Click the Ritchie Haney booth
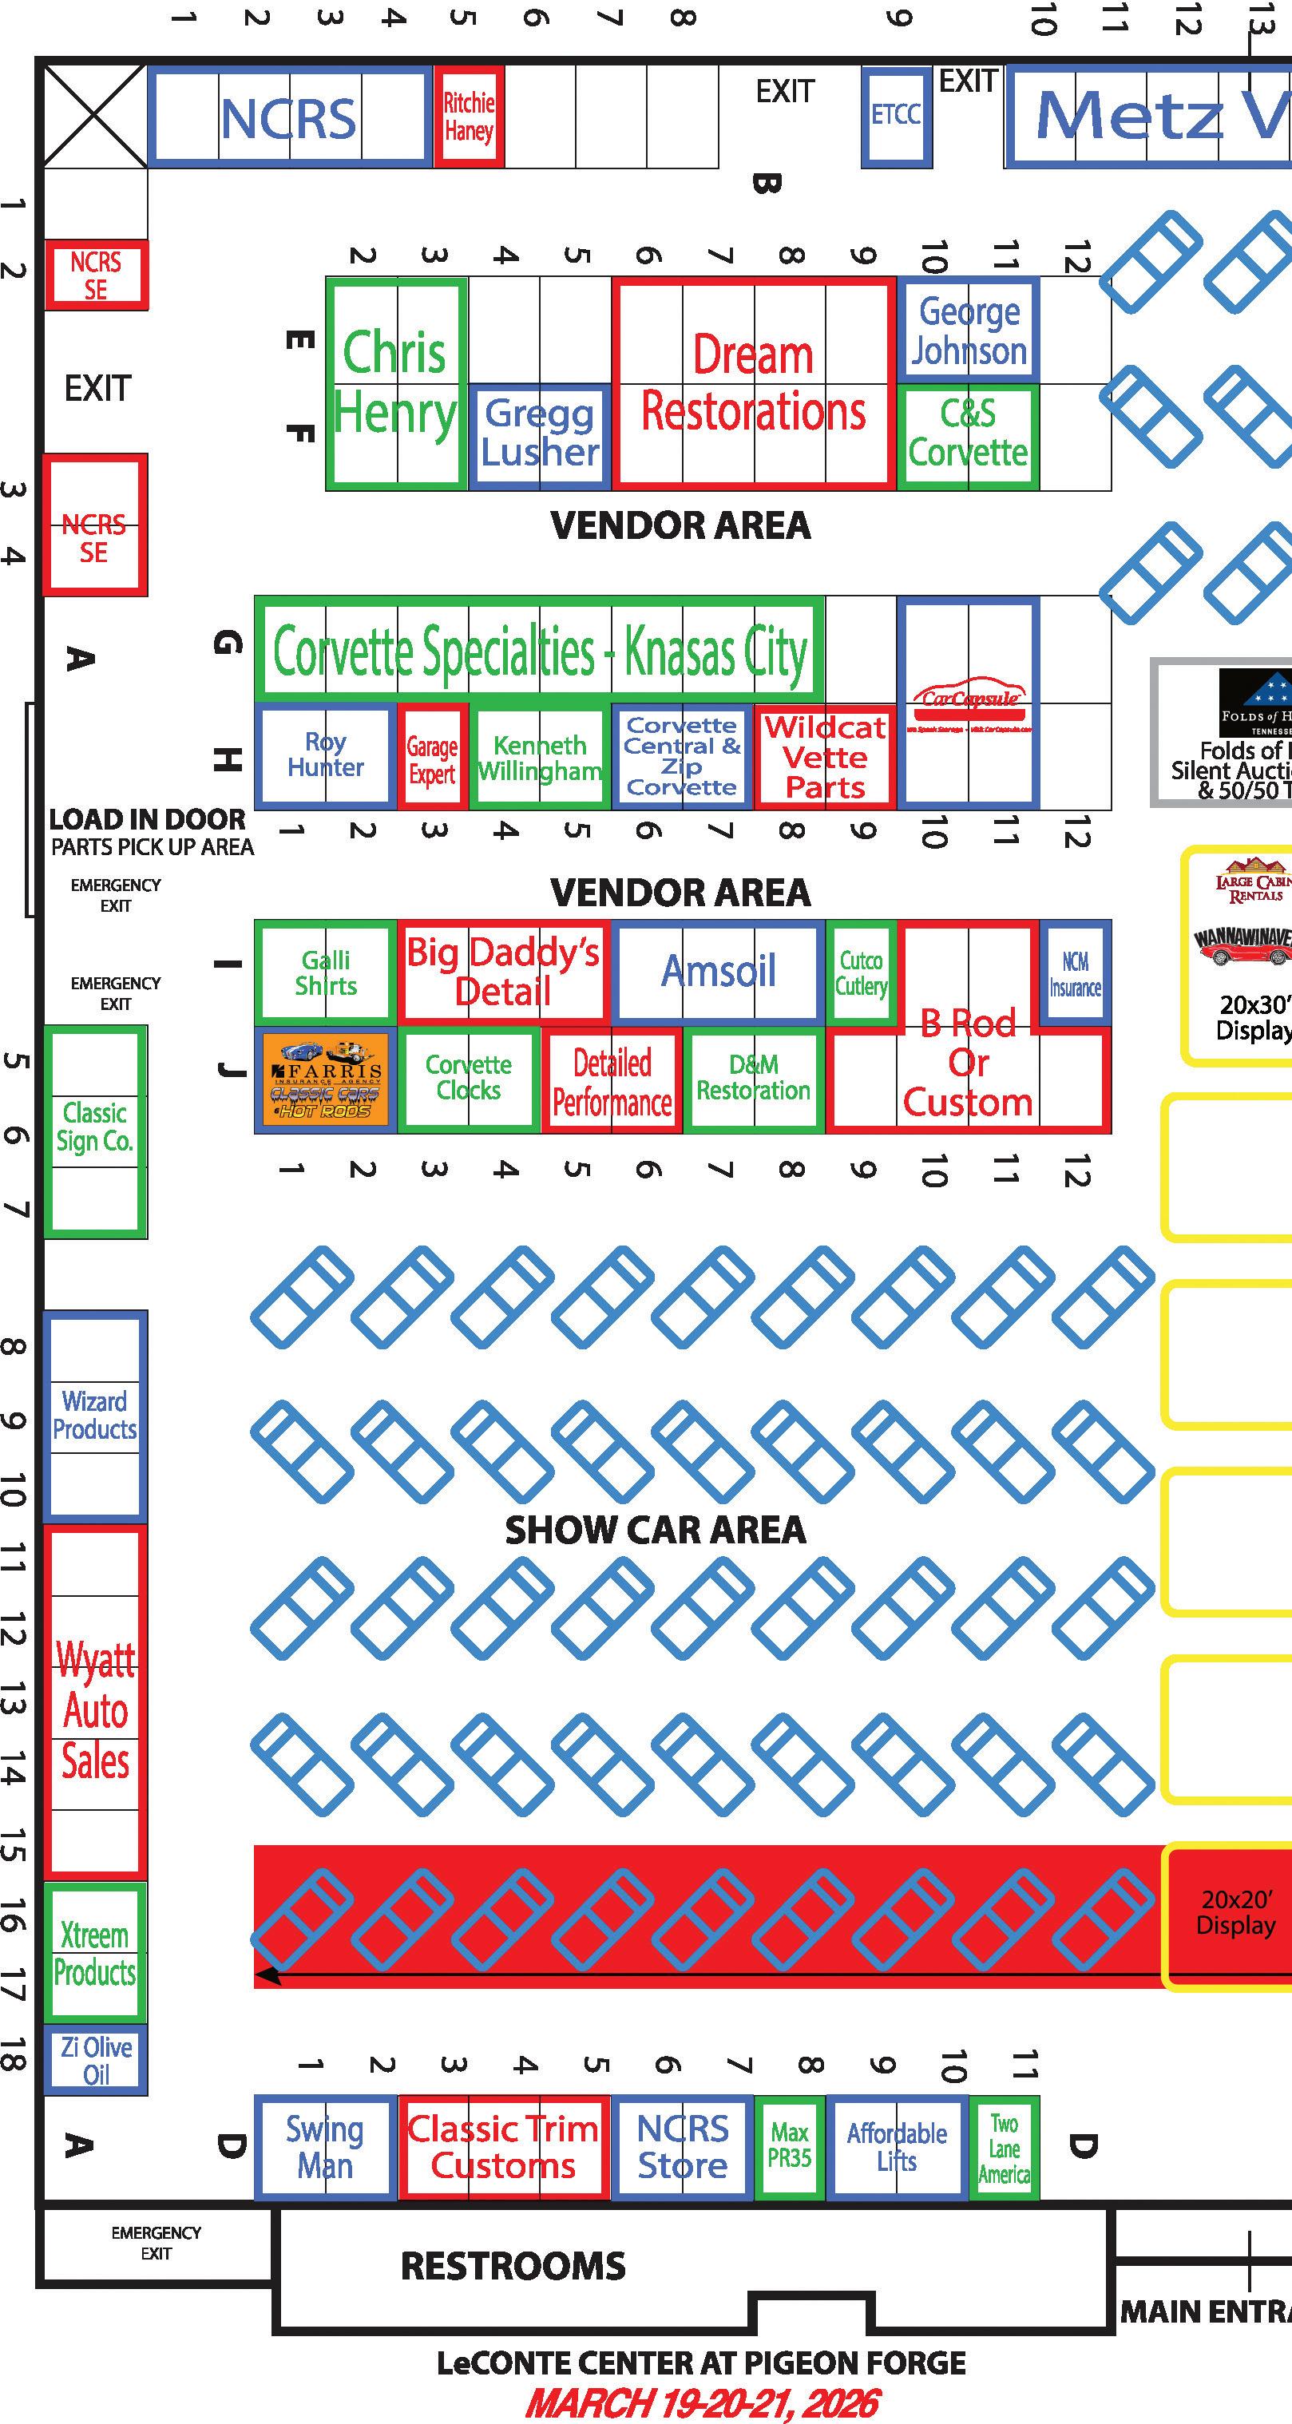pos(469,117)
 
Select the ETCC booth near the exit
pos(896,116)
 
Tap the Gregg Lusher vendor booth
pos(539,434)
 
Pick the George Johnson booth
pos(969,331)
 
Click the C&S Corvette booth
pos(969,434)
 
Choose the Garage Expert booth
pos(432,758)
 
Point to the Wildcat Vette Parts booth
pos(824,758)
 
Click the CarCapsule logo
pos(969,702)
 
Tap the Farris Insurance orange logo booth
pos(326,1079)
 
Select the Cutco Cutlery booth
pos(861,973)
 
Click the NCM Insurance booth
pos(1075,974)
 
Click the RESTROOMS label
pos(513,2266)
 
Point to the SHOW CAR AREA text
pos(655,1530)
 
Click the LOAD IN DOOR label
pos(147,818)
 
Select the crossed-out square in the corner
pos(94,117)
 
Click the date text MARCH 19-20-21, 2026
pos(702,2402)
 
